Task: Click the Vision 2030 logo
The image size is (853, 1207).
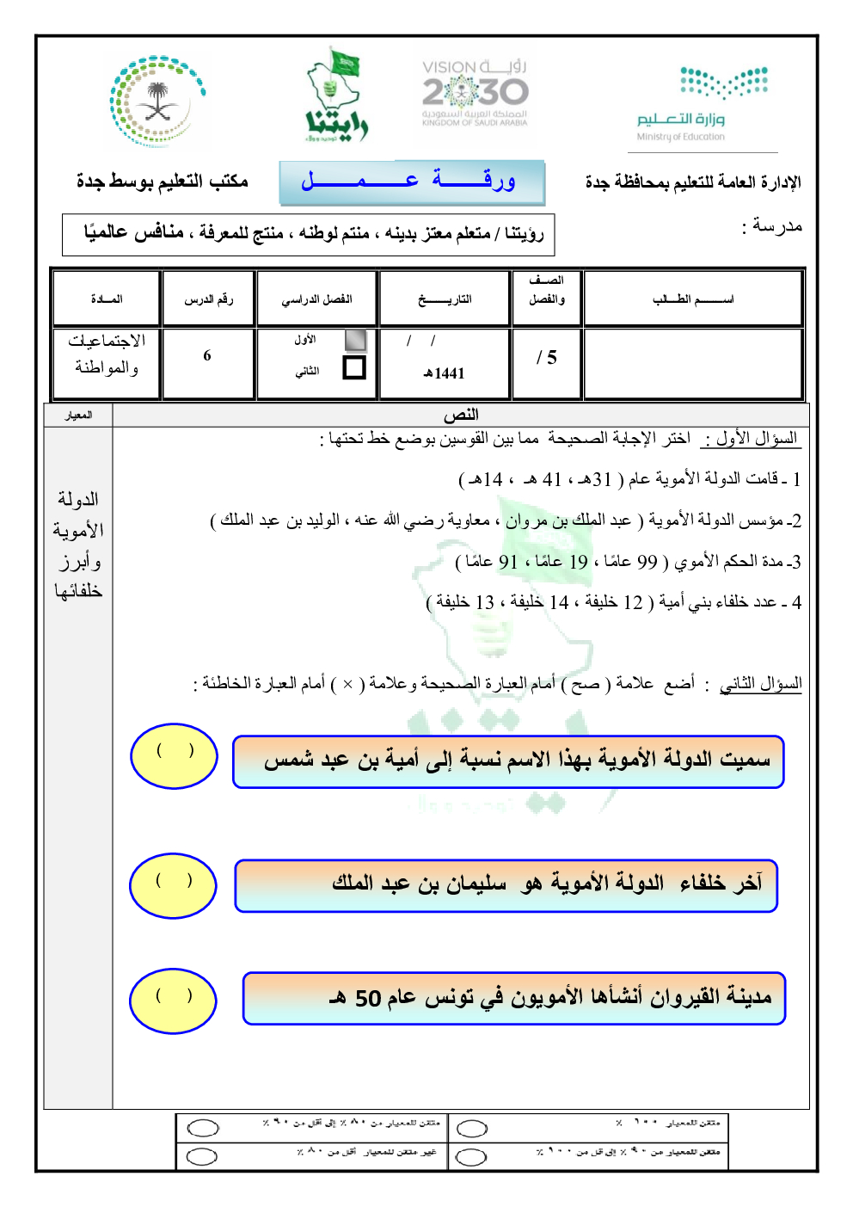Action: pyautogui.click(x=475, y=93)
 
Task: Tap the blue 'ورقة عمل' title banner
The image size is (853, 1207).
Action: pyautogui.click(x=411, y=182)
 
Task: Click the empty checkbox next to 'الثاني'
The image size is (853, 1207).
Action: pyautogui.click(x=353, y=368)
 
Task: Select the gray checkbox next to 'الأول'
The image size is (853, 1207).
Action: pyautogui.click(x=354, y=339)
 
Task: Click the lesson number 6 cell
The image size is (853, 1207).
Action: pyautogui.click(x=207, y=356)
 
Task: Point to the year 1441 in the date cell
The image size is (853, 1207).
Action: pyautogui.click(x=445, y=373)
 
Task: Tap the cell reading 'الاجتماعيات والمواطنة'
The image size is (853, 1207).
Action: pyautogui.click(x=107, y=354)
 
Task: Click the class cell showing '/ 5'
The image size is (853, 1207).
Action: pyautogui.click(x=547, y=358)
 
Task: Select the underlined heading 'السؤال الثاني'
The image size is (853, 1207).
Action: pyautogui.click(x=760, y=684)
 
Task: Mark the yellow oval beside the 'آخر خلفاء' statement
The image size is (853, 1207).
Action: pyautogui.click(x=174, y=885)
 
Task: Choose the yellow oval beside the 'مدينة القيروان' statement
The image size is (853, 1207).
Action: pyautogui.click(x=174, y=1001)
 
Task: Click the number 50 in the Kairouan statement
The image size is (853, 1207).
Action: pyautogui.click(x=368, y=999)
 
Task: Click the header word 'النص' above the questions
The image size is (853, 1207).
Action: pyautogui.click(x=461, y=415)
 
